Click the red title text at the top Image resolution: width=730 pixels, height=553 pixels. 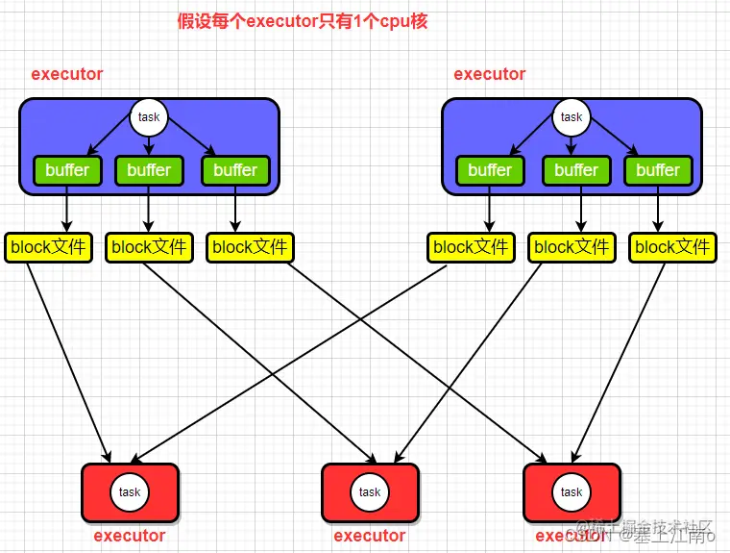click(303, 22)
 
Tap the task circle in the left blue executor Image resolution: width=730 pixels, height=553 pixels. click(149, 117)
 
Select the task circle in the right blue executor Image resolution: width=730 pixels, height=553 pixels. click(572, 117)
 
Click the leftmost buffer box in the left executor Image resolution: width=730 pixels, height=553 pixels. click(67, 170)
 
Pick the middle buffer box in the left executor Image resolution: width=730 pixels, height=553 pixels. click(149, 170)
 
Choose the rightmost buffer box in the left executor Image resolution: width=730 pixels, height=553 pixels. click(235, 170)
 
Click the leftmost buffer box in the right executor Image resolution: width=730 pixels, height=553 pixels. click(490, 170)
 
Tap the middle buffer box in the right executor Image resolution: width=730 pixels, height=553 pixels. click(576, 170)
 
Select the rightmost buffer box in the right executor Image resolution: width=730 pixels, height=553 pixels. click(658, 170)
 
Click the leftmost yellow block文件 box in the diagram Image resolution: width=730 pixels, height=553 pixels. click(48, 247)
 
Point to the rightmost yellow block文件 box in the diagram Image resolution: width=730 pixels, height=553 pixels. click(672, 247)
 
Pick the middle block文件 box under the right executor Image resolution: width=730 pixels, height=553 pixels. click(572, 247)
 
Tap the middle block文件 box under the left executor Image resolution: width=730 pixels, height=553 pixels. click(149, 247)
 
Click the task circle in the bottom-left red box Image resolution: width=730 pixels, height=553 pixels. click(130, 491)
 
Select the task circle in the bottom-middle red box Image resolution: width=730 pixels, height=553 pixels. click(370, 491)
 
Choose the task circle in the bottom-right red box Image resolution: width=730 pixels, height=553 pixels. click(572, 491)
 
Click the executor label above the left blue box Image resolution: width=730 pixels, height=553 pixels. click(67, 74)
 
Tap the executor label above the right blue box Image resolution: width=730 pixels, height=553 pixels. click(490, 74)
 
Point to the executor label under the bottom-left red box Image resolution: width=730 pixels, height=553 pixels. click(130, 536)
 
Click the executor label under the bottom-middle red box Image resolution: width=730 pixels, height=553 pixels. click(370, 536)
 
